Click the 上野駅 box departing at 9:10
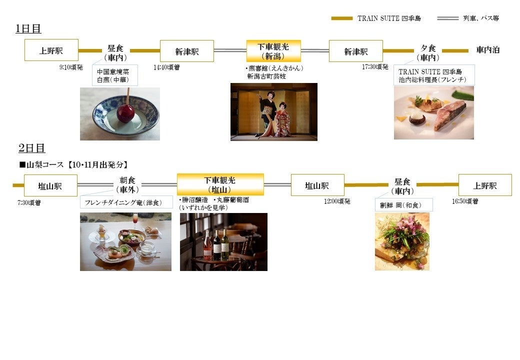[51, 50]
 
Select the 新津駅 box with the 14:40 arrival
[187, 51]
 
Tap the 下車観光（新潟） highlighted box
[273, 51]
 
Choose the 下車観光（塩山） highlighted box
[220, 184]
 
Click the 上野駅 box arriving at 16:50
[485, 185]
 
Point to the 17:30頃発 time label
[375, 66]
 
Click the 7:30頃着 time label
[29, 202]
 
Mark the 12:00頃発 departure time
[337, 201]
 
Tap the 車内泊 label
[488, 50]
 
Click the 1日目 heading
[28, 28]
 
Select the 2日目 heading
[31, 148]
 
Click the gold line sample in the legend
[342, 18]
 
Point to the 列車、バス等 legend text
[480, 18]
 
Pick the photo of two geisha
[273, 111]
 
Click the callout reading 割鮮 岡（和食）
[403, 205]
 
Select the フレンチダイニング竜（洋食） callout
[126, 202]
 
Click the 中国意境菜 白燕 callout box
[114, 75]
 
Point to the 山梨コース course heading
[73, 164]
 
